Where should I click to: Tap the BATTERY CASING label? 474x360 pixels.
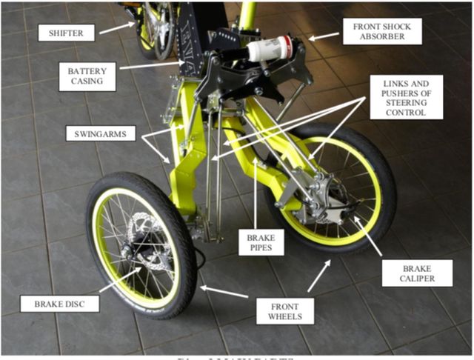(87, 76)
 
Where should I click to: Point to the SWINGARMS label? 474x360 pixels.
(100, 134)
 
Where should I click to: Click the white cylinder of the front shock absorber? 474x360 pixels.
(270, 49)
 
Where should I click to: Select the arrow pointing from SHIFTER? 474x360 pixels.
(116, 28)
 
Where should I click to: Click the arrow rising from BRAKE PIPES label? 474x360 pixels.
(256, 193)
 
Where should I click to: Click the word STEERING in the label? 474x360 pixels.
(400, 103)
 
